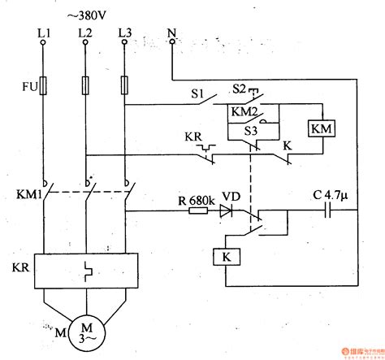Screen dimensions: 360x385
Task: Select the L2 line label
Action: point(84,33)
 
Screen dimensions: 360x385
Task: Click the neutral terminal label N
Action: point(171,33)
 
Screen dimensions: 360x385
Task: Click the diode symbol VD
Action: point(225,210)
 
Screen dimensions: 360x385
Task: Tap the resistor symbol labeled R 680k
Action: point(197,210)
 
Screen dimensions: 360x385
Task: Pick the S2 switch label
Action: point(238,87)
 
